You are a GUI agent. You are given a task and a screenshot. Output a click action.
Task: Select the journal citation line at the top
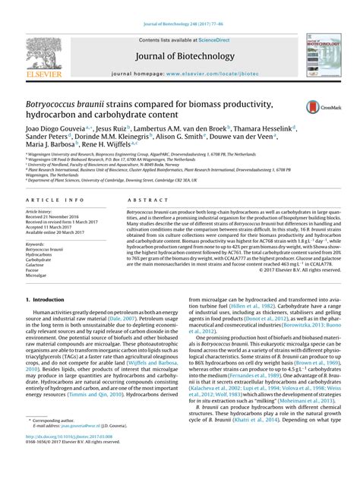click(x=179, y=12)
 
